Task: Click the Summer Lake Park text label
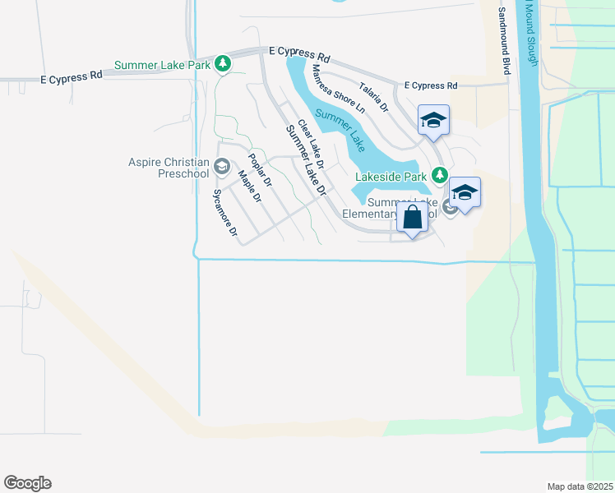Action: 164,65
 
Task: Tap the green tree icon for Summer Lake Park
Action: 223,64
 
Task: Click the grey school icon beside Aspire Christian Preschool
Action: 220,168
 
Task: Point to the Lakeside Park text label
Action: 391,176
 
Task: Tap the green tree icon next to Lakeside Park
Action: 440,174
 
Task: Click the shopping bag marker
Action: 413,219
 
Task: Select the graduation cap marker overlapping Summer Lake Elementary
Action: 465,193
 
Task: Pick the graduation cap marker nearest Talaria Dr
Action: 433,121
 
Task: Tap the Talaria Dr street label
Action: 372,97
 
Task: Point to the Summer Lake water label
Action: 340,129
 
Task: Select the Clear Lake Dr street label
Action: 312,145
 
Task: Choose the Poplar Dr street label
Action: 260,171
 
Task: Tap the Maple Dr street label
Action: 249,186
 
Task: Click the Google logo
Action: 27,483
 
